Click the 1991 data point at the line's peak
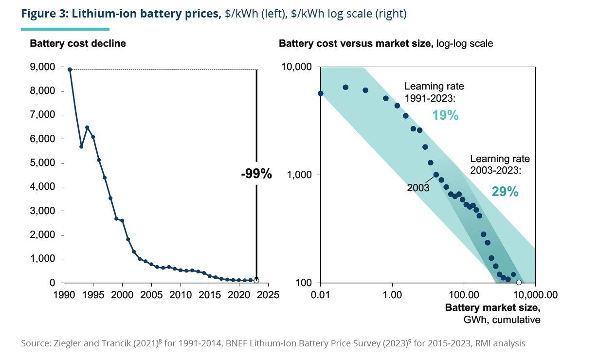click(70, 70)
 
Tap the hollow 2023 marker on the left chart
click(256, 281)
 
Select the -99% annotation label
click(256, 174)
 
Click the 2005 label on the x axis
click(151, 295)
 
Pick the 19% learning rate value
click(445, 115)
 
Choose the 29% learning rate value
click(505, 192)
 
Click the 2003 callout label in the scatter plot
click(418, 188)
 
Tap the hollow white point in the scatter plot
click(519, 283)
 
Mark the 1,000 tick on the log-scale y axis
click(299, 175)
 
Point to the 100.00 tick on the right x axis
click(464, 295)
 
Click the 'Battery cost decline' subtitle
click(78, 44)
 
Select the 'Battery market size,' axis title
click(492, 307)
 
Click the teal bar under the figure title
click(65, 29)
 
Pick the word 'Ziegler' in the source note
click(67, 343)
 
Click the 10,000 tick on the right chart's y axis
click(296, 67)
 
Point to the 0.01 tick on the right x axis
click(320, 295)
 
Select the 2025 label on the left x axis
click(268, 295)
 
